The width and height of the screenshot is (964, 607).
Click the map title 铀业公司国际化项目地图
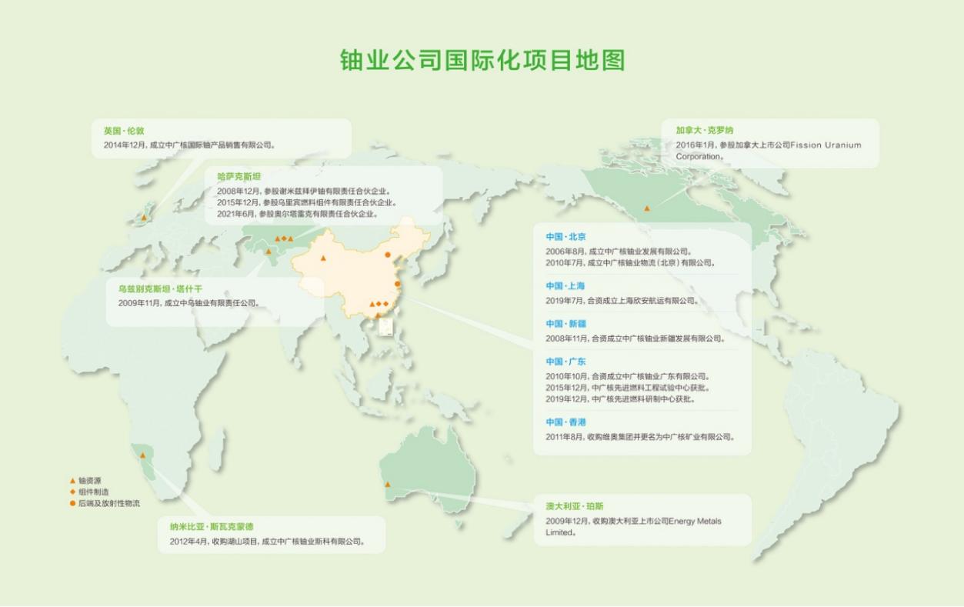point(482,61)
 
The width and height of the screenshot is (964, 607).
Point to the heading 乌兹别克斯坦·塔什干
point(160,289)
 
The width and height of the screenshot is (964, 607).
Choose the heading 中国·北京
point(565,237)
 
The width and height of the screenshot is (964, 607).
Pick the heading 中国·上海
point(565,286)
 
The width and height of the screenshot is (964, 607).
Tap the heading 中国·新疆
point(565,324)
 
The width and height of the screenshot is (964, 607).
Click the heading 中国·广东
point(565,362)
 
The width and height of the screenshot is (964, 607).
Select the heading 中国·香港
point(565,422)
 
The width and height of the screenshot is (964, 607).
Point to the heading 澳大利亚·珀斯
point(574,506)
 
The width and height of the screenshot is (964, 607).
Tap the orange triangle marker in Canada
point(647,208)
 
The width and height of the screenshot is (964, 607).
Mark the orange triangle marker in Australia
point(388,485)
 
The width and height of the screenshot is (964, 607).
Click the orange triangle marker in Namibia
point(142,455)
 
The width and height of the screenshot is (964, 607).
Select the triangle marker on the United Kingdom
point(144,218)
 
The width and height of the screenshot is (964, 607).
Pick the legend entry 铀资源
point(89,481)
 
